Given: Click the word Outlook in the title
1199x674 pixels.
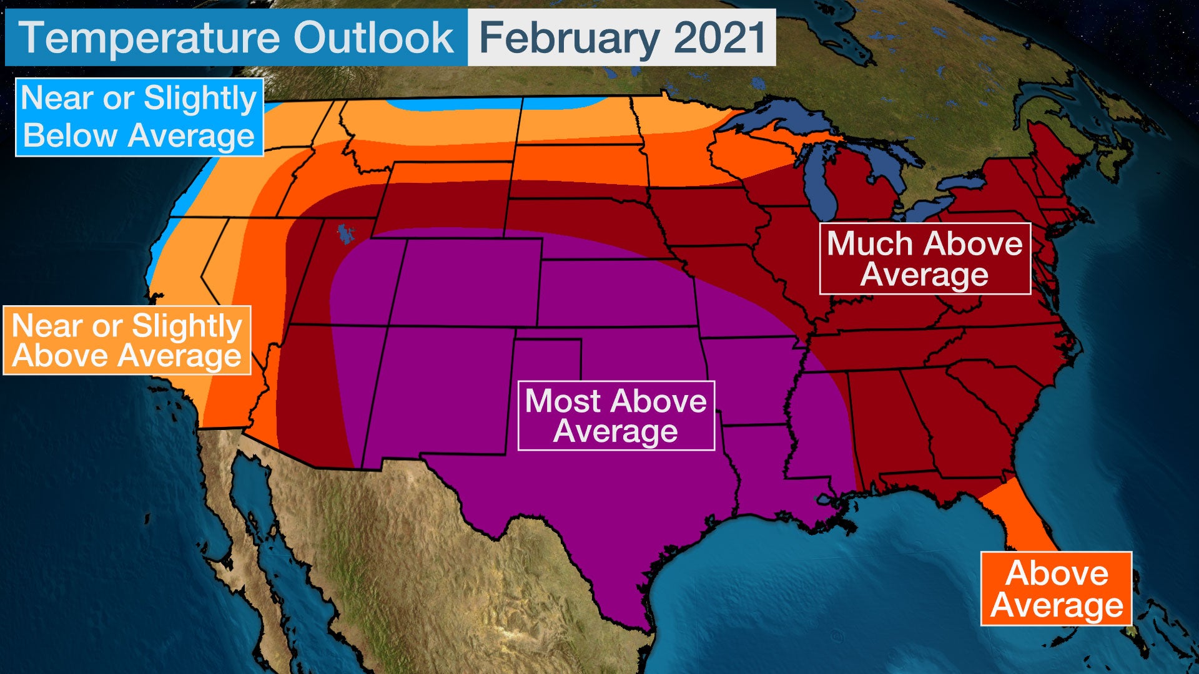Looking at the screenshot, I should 373,37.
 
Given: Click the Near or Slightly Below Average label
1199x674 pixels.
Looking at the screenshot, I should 139,117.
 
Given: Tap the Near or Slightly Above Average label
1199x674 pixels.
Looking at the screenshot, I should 127,340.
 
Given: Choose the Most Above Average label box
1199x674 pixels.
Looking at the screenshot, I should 616,416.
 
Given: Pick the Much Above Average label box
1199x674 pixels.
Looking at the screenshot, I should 924,258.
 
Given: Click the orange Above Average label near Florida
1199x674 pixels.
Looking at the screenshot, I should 1056,589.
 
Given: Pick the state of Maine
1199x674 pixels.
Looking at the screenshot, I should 1055,150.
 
